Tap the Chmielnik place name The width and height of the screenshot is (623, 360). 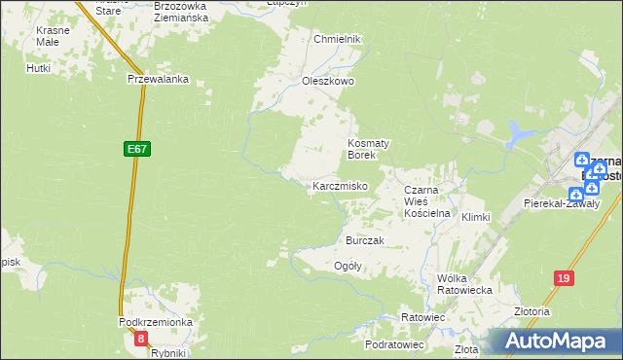[x=338, y=39]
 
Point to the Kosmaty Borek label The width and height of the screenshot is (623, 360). [x=369, y=149]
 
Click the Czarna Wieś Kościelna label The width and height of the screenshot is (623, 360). [x=425, y=198]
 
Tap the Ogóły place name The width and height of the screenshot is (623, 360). [x=348, y=266]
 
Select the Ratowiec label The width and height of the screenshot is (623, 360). [x=422, y=318]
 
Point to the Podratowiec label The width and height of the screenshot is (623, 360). [x=394, y=344]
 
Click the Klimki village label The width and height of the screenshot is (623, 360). [x=475, y=217]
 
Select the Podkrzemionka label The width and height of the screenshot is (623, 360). [x=156, y=322]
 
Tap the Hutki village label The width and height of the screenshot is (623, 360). [x=39, y=68]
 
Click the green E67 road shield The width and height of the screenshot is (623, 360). [x=136, y=149]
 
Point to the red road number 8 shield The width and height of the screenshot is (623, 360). [x=142, y=339]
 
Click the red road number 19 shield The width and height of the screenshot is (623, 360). [x=563, y=278]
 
